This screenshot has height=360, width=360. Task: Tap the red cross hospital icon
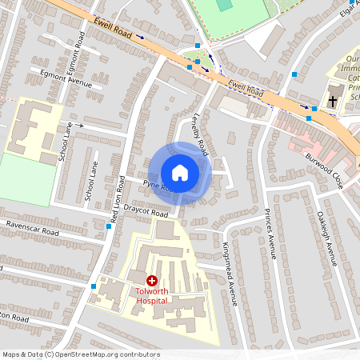151,281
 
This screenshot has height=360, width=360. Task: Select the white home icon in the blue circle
180,172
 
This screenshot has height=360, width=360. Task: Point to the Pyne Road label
158,186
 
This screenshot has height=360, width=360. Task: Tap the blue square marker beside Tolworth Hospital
95,286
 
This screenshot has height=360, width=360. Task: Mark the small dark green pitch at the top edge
225,5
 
